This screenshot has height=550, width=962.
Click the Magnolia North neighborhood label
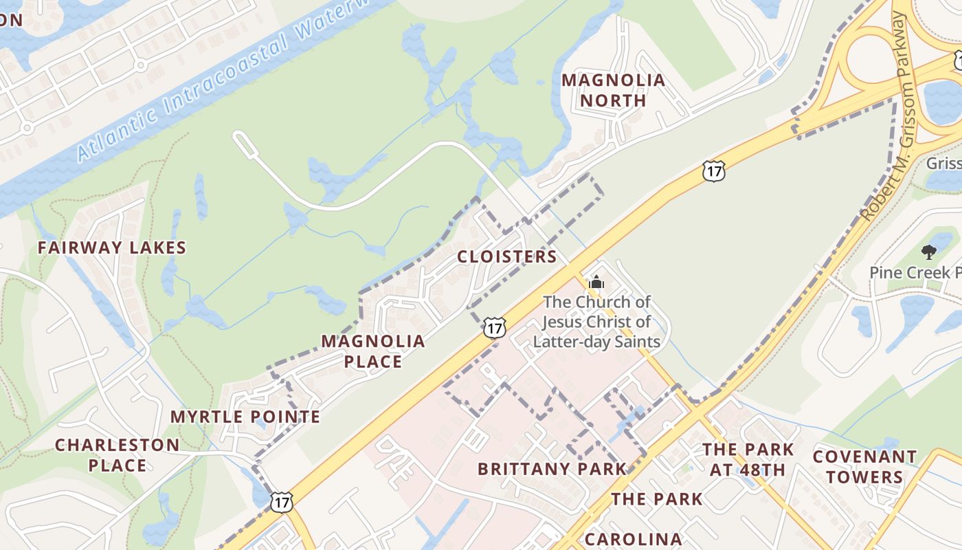pyautogui.click(x=613, y=90)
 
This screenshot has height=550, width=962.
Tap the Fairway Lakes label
pyautogui.click(x=112, y=247)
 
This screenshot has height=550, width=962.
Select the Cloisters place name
pyautogui.click(x=507, y=256)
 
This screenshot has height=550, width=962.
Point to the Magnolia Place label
pyautogui.click(x=373, y=351)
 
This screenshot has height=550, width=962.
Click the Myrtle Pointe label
pyautogui.click(x=245, y=417)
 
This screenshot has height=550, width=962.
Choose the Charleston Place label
pyautogui.click(x=118, y=454)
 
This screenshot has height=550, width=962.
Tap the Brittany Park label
pyautogui.click(x=552, y=469)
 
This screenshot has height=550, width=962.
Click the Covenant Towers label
pyautogui.click(x=864, y=466)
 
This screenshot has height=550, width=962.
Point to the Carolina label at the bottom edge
pyautogui.click(x=634, y=539)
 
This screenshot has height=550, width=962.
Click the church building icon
pyautogui.click(x=596, y=282)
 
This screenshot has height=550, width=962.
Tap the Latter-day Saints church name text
pyautogui.click(x=596, y=322)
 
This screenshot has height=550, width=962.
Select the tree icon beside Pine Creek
pyautogui.click(x=928, y=252)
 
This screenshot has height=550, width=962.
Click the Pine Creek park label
pyautogui.click(x=915, y=272)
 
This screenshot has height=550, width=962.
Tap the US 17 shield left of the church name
pyautogui.click(x=494, y=327)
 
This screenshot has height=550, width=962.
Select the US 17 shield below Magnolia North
pyautogui.click(x=714, y=171)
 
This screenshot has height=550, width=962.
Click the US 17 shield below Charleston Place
pyautogui.click(x=281, y=502)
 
